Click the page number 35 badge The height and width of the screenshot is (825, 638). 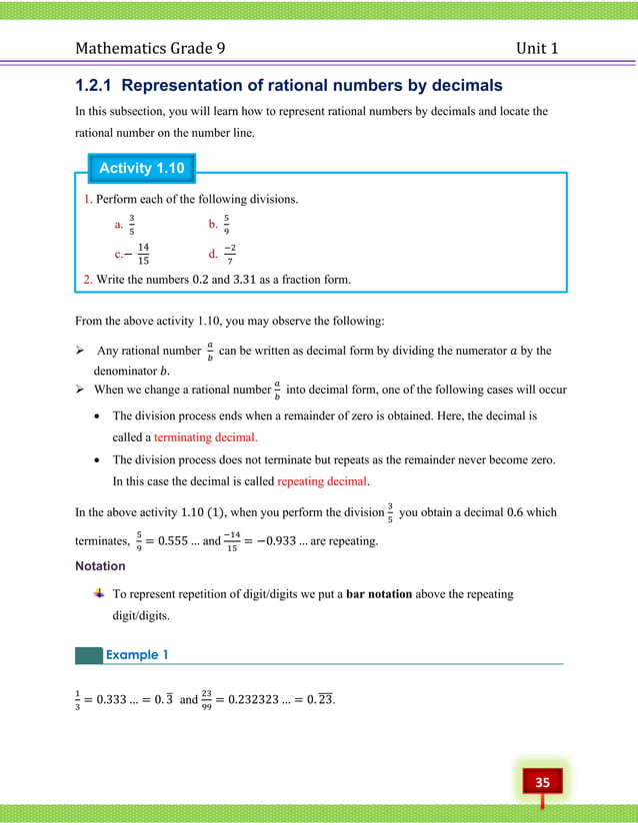(542, 782)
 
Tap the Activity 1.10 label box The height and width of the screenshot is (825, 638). (141, 168)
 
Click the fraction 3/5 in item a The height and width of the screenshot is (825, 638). (132, 225)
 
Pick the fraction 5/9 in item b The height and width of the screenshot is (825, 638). (226, 225)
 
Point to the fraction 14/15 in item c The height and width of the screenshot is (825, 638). (144, 254)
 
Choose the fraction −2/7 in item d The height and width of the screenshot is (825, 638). (229, 254)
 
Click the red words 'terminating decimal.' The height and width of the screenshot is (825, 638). (205, 436)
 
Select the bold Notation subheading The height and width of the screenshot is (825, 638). (101, 565)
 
